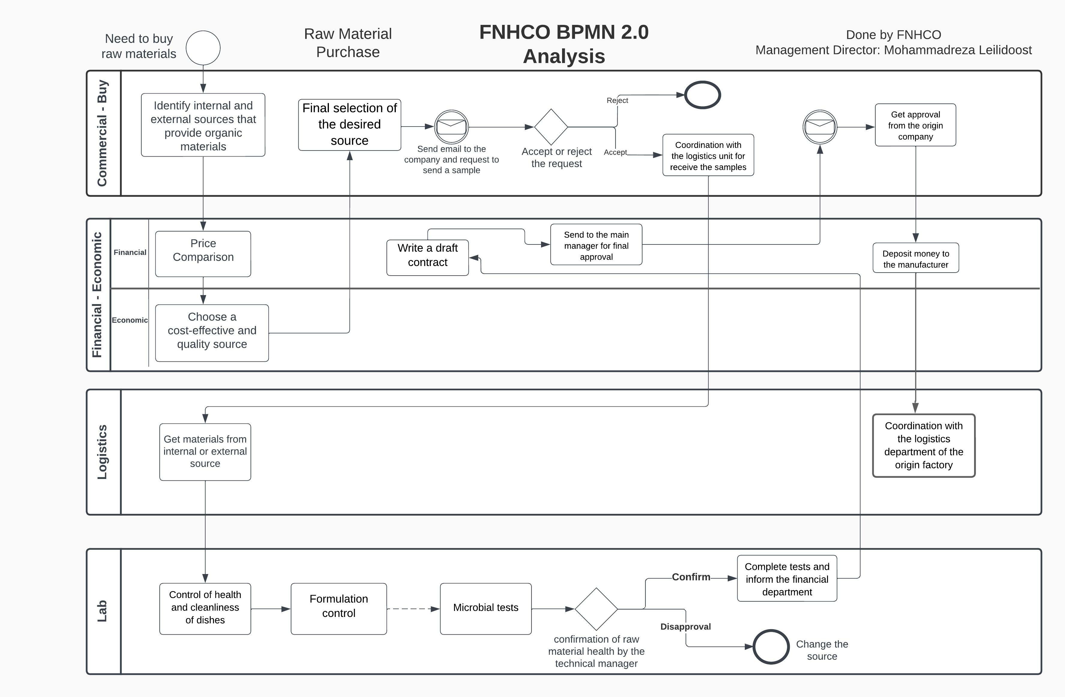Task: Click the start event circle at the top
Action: tap(203, 48)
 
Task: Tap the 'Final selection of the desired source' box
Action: tap(350, 125)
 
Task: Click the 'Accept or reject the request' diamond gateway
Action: tap(551, 127)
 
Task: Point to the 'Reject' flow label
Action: tap(617, 100)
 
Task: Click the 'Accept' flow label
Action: tap(615, 152)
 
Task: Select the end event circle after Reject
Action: tap(702, 95)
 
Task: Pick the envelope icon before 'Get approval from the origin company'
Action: tap(820, 127)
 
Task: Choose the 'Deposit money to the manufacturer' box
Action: tap(916, 258)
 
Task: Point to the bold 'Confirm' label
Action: tap(691, 577)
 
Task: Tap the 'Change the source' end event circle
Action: tap(771, 647)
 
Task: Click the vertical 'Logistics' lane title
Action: tap(102, 452)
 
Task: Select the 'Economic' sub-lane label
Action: tap(130, 320)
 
